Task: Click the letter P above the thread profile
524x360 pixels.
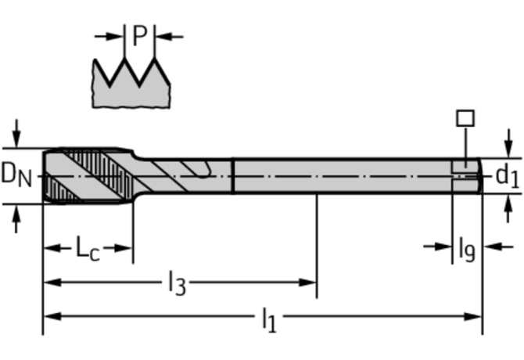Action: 140,36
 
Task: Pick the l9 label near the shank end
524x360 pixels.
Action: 466,248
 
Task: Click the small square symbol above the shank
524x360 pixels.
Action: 465,118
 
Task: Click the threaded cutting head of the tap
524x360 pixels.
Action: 86,175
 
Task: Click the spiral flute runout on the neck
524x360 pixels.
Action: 192,171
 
